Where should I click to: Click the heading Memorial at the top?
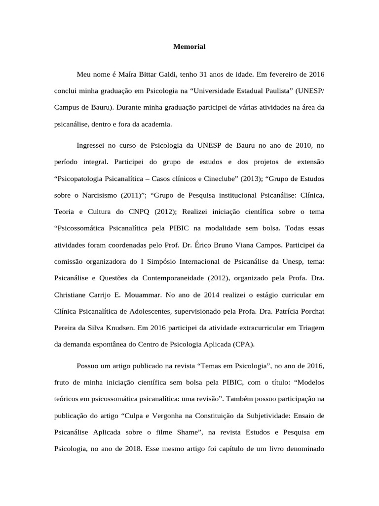(189, 46)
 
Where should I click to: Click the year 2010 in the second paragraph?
(297, 145)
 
